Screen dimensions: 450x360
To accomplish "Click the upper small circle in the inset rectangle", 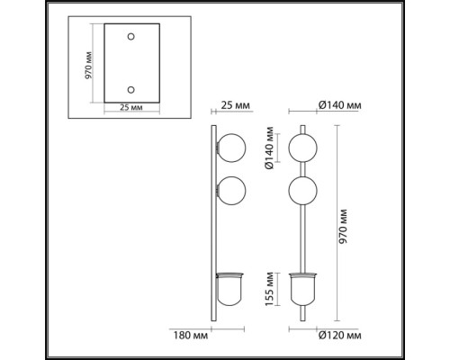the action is (130, 37).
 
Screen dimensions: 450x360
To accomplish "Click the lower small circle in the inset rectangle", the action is (130, 90).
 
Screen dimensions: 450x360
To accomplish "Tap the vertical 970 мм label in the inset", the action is (88, 66).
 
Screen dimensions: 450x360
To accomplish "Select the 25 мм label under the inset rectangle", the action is (131, 107).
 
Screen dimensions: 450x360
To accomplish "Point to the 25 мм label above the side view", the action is (235, 105).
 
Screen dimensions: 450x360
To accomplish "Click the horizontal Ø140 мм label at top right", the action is (339, 105).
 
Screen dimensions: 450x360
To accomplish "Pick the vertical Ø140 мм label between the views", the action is (269, 148).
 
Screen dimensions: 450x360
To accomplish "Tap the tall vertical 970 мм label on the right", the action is (343, 227).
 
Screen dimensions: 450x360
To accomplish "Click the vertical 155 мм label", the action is (269, 289).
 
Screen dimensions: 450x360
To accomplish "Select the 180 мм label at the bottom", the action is (190, 335).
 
